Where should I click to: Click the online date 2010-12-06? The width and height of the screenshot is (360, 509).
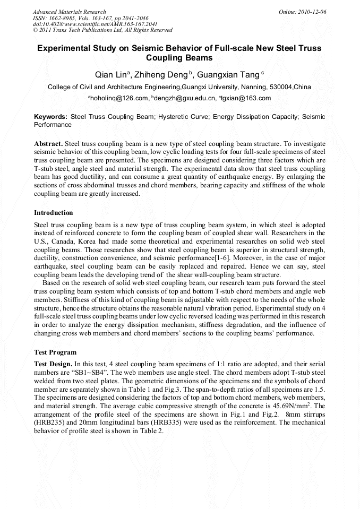(x=313, y=12)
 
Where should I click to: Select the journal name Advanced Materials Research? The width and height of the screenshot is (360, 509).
(x=69, y=12)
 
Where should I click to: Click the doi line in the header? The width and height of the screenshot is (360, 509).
(x=95, y=24)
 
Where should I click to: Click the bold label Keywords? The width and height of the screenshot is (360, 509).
(x=50, y=116)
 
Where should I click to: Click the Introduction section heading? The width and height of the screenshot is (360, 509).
(x=53, y=213)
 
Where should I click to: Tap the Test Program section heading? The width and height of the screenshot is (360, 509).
(x=55, y=352)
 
